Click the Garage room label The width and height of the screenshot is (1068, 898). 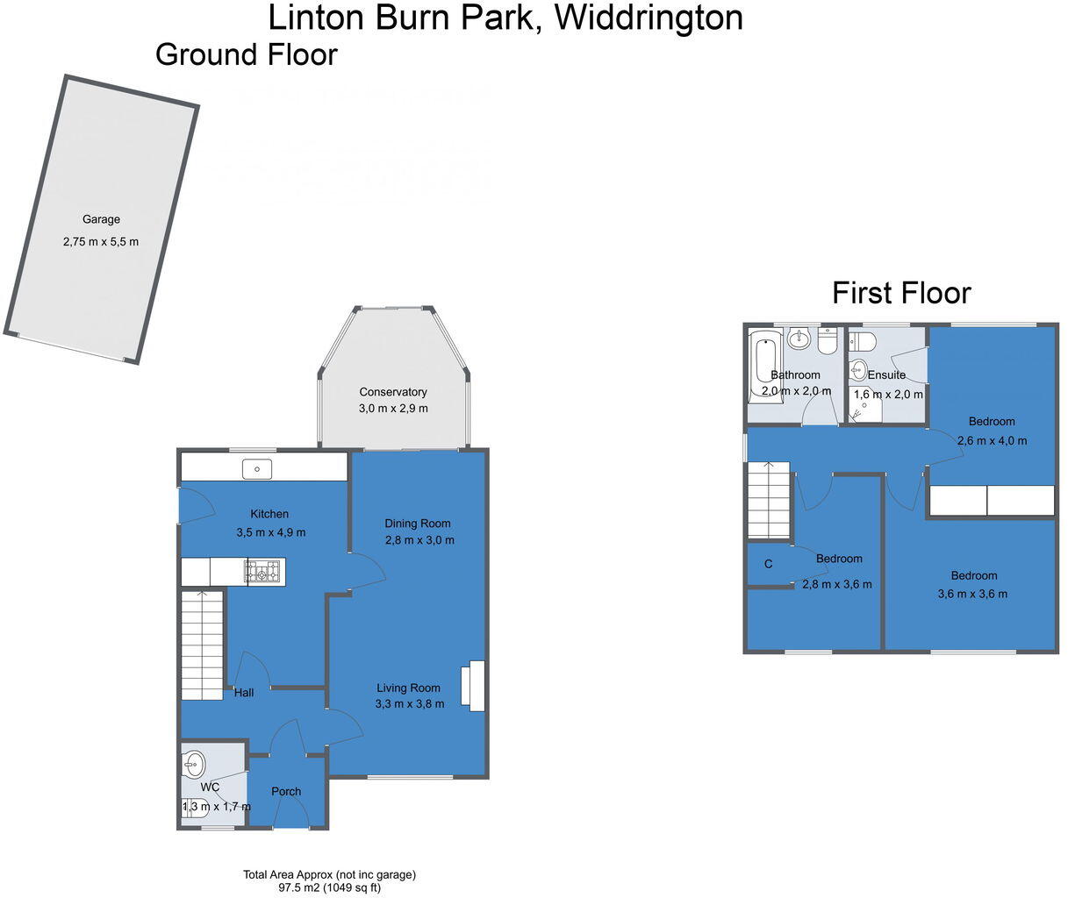tap(101, 219)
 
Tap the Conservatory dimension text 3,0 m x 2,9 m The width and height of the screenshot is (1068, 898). tap(392, 409)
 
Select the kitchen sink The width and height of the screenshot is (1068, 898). tap(258, 469)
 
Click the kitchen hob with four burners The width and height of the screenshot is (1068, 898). tap(265, 573)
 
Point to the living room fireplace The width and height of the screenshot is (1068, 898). tap(477, 685)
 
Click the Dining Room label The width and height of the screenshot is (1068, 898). tap(418, 524)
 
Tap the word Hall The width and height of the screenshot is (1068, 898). tap(244, 693)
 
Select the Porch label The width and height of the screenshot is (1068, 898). tap(286, 791)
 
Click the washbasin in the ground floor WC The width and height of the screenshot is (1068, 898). tap(194, 764)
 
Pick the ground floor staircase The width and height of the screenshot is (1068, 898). tap(202, 645)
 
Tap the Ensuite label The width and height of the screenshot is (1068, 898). tap(886, 375)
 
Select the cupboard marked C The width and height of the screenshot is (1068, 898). tap(768, 565)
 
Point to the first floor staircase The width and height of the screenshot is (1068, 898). tap(769, 500)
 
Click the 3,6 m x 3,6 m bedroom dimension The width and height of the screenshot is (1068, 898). tap(973, 594)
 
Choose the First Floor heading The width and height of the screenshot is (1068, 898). tap(901, 292)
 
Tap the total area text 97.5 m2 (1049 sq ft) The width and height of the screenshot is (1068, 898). tap(330, 887)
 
